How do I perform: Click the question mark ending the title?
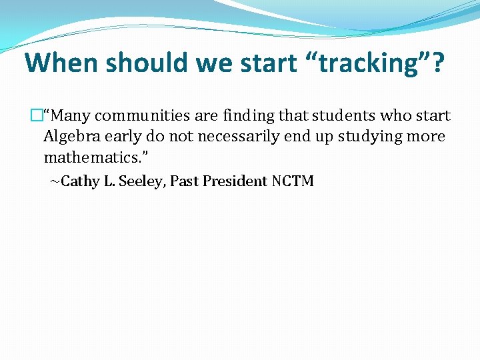point(436,63)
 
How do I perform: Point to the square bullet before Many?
point(37,116)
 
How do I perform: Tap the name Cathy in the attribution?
point(79,181)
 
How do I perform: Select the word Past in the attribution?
point(184,181)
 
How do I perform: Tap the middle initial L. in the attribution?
point(109,181)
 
